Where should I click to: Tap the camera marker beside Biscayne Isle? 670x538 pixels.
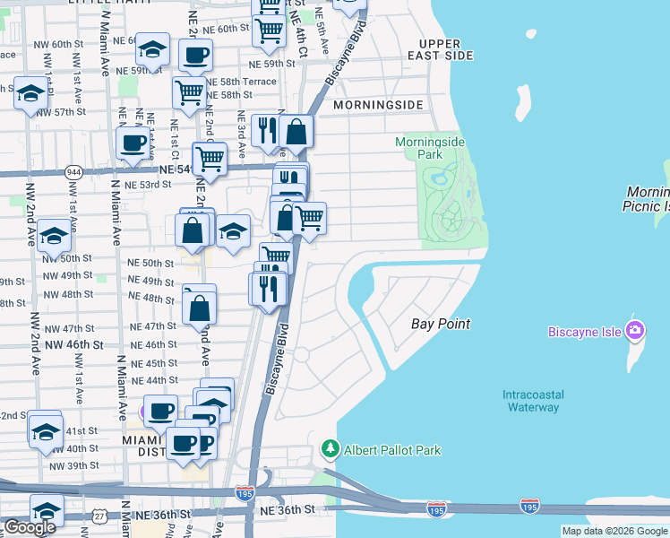coord(636,330)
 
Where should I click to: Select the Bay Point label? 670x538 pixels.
coord(441,323)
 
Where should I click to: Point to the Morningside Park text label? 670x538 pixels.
coord(419,148)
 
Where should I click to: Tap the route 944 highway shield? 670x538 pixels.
coord(73,169)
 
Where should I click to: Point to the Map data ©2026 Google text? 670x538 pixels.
coord(614,531)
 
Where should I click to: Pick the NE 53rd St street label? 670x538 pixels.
coord(148,184)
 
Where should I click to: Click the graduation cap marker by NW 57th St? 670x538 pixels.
coord(30,94)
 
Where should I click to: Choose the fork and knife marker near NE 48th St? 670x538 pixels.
coord(268,287)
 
